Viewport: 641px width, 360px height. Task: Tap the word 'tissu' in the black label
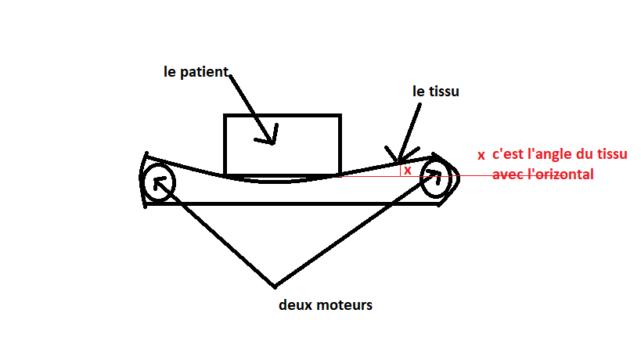pos(443,92)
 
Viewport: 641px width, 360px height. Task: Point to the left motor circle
pos(157,183)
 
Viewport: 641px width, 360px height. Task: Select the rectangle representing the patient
pos(282,145)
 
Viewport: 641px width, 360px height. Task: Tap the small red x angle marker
pos(407,169)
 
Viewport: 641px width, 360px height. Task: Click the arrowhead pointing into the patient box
pos(269,137)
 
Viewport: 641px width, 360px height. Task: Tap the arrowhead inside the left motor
pos(160,182)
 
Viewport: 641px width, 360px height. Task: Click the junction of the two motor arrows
pos(274,284)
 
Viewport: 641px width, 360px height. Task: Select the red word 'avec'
pos(506,175)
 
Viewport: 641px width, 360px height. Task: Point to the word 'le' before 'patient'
pos(171,72)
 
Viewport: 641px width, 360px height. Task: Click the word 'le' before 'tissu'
pos(419,92)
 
